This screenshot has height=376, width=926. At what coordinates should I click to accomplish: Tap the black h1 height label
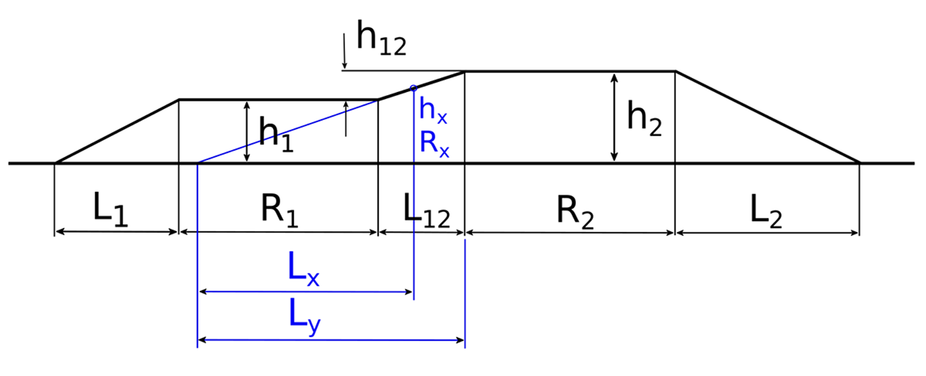275,134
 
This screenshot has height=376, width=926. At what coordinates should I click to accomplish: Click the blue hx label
433,109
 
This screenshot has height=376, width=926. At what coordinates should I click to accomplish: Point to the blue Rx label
434,143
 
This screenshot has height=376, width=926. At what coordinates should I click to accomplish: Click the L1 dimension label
110,209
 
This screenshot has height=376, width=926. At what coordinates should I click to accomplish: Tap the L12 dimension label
426,210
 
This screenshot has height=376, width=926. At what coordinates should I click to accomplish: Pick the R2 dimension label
575,211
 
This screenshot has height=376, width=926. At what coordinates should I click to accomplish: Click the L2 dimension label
765,211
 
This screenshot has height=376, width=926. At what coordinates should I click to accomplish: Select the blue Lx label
303,269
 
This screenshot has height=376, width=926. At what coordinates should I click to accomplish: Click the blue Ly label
304,317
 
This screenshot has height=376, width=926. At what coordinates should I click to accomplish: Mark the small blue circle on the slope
413,88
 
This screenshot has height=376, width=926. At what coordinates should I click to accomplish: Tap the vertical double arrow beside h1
247,132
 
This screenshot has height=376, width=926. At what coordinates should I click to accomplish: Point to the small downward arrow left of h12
344,52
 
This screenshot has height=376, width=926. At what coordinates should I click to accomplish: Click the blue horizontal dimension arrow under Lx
306,292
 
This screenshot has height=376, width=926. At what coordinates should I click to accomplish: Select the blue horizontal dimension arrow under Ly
331,340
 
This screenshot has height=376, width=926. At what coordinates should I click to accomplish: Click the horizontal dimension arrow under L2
767,233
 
